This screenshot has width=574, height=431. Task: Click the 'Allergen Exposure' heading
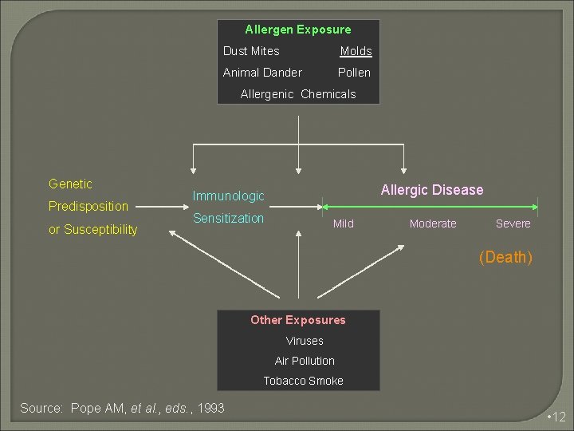click(298, 30)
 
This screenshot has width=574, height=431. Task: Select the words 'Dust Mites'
click(251, 51)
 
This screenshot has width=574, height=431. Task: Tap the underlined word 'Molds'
click(356, 51)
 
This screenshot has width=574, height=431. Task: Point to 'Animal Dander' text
click(262, 73)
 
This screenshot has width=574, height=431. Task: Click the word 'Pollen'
click(354, 73)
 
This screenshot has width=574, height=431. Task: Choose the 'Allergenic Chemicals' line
click(298, 94)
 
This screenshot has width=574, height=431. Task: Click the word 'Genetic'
click(70, 184)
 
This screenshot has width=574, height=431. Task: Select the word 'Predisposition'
click(88, 207)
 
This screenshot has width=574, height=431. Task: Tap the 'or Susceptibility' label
click(92, 230)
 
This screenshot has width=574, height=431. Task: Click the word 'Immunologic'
click(228, 196)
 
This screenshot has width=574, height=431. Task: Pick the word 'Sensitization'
click(229, 219)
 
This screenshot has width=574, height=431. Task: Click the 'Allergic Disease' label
click(432, 190)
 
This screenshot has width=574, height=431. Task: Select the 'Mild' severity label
click(344, 224)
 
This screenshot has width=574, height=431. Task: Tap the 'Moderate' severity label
click(433, 224)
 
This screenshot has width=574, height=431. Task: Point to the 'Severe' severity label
click(513, 224)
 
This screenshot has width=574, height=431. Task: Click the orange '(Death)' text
click(505, 257)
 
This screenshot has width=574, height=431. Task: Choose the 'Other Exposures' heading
click(298, 320)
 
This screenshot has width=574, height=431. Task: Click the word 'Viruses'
click(305, 341)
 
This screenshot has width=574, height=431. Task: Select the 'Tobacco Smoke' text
click(304, 381)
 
